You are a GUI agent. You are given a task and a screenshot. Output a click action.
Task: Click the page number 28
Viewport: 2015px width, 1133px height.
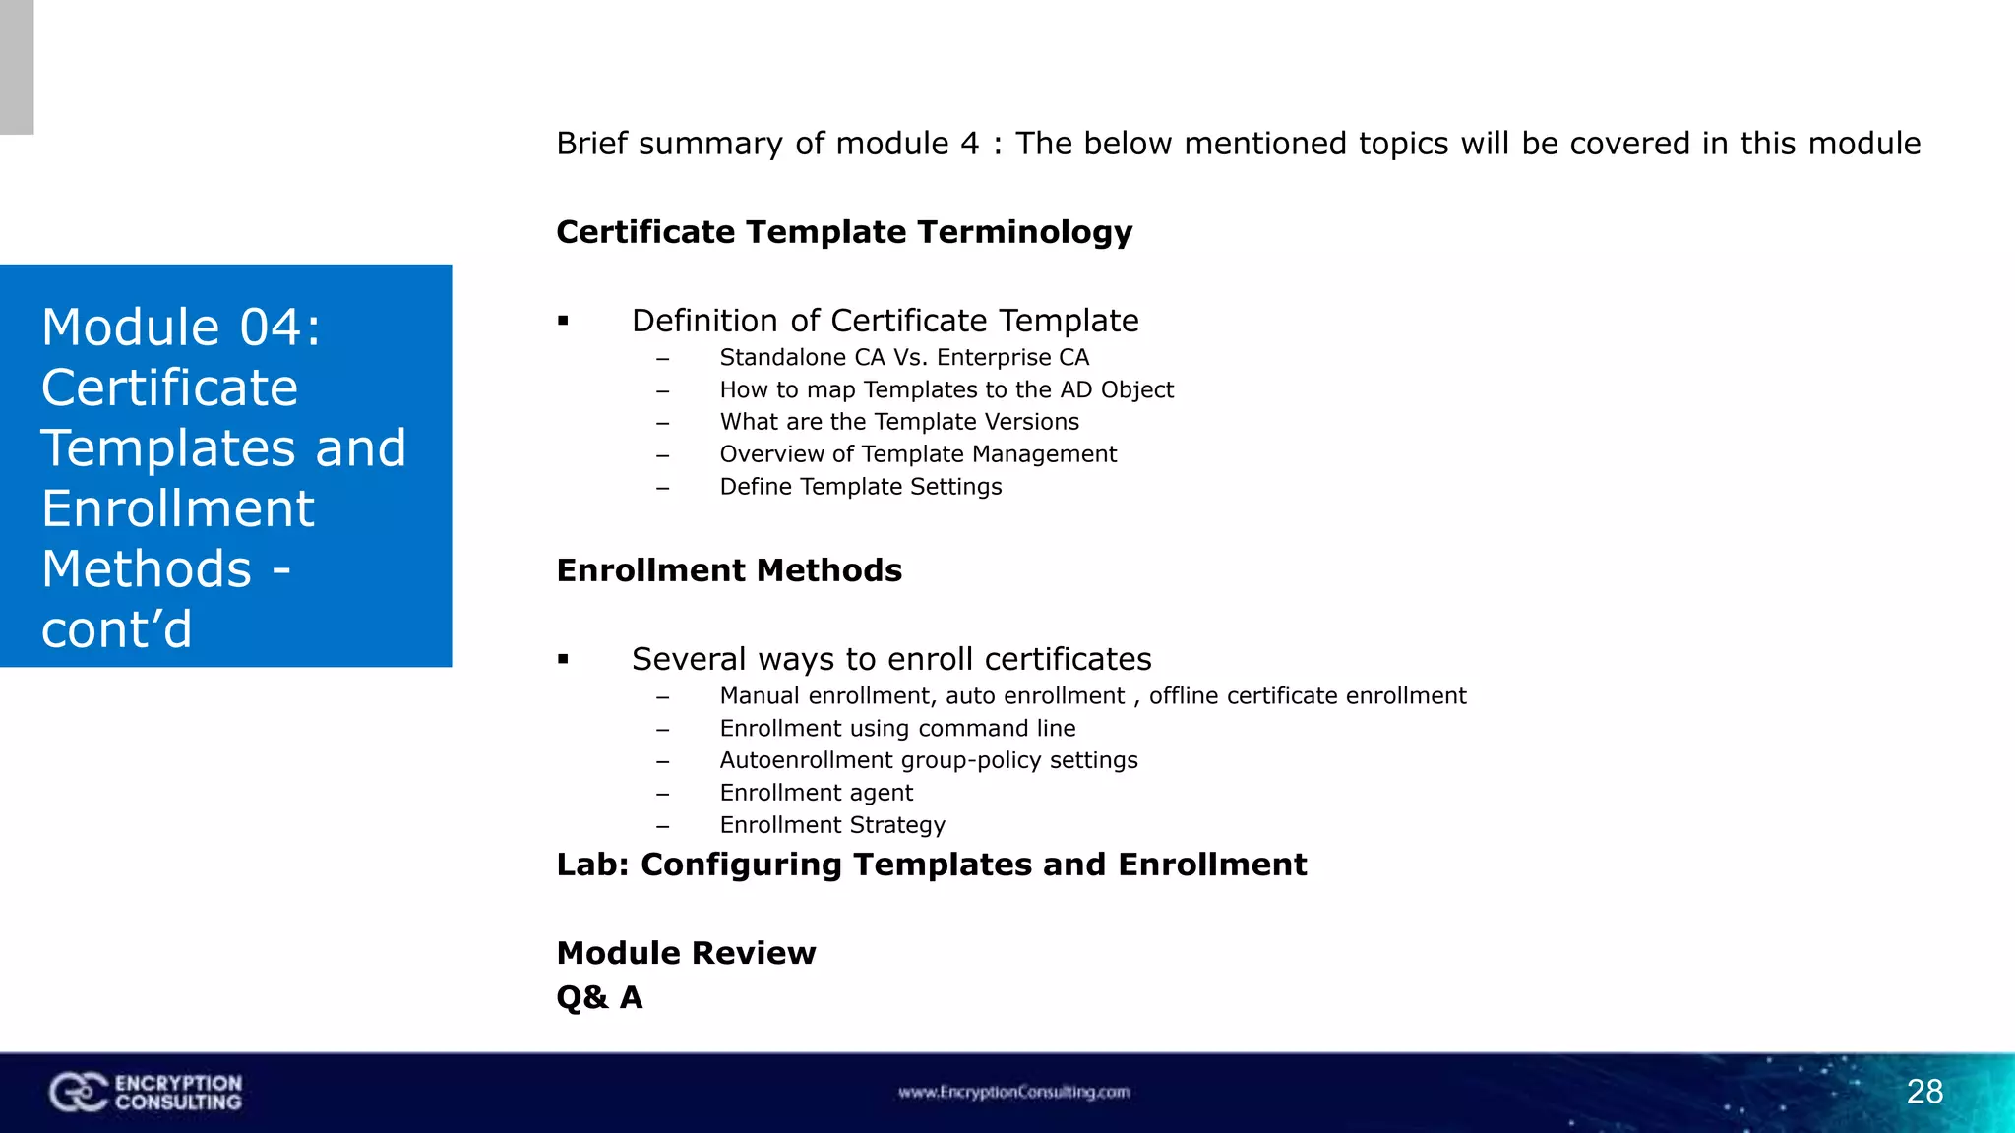click(1924, 1092)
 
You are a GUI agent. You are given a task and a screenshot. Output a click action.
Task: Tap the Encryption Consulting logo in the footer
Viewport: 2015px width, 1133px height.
click(146, 1093)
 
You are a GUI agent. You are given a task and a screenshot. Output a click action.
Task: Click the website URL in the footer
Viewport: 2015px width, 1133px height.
click(1013, 1092)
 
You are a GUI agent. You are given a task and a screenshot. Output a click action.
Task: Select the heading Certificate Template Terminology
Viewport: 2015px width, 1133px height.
click(844, 232)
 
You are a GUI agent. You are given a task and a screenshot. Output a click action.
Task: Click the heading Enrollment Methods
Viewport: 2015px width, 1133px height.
click(729, 570)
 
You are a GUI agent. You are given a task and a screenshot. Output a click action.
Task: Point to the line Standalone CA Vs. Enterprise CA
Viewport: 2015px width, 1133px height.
click(903, 358)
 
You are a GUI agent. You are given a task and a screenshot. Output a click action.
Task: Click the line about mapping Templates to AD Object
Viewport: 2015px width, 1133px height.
click(946, 390)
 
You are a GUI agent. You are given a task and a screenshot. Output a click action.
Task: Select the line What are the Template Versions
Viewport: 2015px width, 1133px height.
click(898, 422)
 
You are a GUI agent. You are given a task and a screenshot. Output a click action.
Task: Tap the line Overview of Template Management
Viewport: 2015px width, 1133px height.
click(917, 454)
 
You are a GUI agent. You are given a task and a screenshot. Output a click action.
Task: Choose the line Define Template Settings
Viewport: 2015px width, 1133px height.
click(860, 487)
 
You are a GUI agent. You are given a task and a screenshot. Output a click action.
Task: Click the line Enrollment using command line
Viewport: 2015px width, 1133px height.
click(896, 729)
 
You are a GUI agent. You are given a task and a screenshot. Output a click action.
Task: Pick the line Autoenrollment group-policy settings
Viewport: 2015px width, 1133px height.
click(928, 760)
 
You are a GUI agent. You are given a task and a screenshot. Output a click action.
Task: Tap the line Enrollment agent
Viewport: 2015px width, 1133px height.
click(816, 793)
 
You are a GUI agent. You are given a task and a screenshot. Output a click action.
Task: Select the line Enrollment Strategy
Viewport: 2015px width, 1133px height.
click(831, 825)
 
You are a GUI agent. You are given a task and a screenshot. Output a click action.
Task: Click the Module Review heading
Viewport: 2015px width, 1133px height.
click(686, 953)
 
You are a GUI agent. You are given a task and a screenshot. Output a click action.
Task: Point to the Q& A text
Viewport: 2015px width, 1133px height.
click(599, 997)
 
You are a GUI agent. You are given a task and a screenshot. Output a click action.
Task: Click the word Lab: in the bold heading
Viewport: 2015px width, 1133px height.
click(592, 865)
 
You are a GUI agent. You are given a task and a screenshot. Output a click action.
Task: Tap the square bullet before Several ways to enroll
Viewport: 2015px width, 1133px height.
click(563, 659)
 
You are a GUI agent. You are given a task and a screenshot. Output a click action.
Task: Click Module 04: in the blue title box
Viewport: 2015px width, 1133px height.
click(181, 328)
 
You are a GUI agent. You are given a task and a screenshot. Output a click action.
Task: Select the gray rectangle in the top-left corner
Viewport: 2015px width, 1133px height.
click(17, 67)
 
